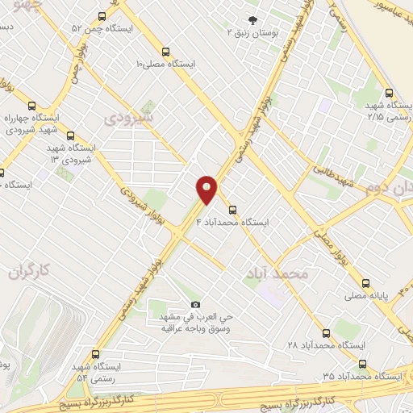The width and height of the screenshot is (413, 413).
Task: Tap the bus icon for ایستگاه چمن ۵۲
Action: point(102,16)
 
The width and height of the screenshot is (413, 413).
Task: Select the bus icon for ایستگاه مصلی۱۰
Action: point(166,48)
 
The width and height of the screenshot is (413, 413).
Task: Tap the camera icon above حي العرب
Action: point(195,304)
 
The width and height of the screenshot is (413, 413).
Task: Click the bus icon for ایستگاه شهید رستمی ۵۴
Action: point(96,354)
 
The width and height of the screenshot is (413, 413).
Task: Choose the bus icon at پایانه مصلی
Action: point(365,283)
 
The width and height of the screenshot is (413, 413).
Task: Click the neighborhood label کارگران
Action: point(30,271)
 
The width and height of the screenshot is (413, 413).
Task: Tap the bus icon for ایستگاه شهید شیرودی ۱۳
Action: point(71,136)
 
